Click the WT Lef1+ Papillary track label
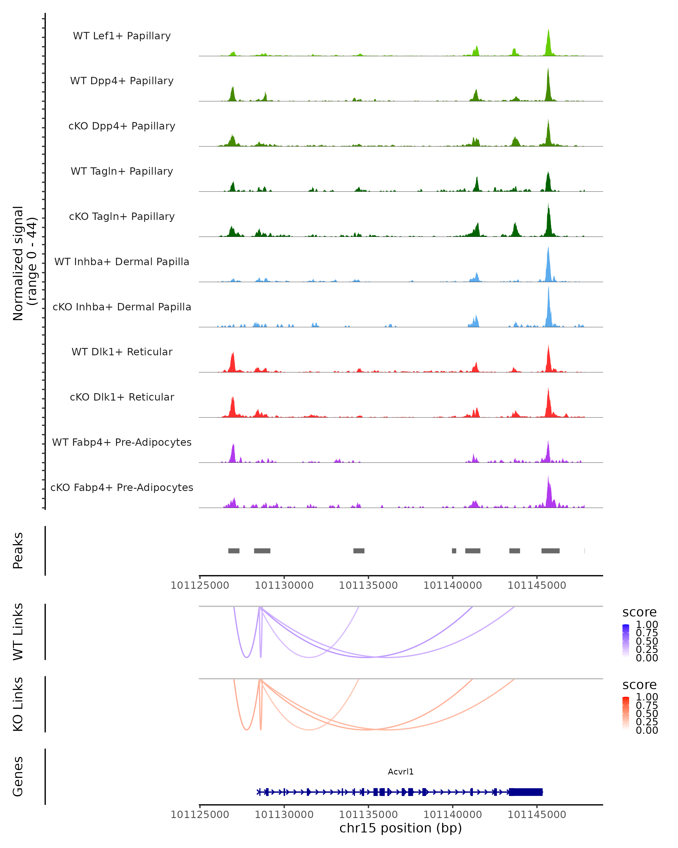[x=122, y=36]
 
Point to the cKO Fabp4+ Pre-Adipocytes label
[x=122, y=487]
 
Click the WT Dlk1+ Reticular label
[x=122, y=352]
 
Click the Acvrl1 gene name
[x=401, y=772]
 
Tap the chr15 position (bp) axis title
[x=401, y=828]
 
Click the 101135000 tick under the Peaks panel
[x=368, y=585]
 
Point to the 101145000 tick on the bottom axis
[x=537, y=815]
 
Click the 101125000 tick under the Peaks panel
[x=200, y=585]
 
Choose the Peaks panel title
[x=18, y=551]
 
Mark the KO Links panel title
[x=18, y=704]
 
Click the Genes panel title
[x=18, y=776]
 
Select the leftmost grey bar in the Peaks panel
[x=234, y=551]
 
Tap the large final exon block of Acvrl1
[x=526, y=792]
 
